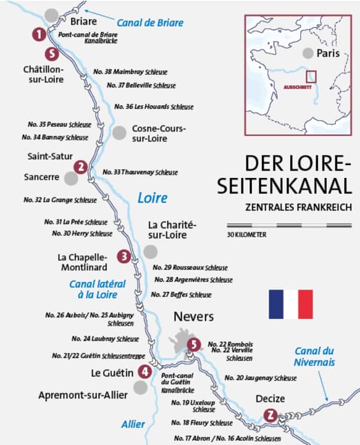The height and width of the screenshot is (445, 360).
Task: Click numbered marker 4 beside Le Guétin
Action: (x=144, y=371)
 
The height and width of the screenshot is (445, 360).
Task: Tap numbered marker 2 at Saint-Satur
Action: (x=80, y=167)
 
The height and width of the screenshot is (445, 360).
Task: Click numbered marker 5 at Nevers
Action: (x=195, y=344)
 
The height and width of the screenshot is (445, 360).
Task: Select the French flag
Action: (x=290, y=304)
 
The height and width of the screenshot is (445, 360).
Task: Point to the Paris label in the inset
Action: (x=329, y=54)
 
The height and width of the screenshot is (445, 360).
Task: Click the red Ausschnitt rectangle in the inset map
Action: (x=311, y=76)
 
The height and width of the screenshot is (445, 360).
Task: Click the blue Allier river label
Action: (x=133, y=424)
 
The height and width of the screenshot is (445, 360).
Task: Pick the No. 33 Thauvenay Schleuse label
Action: (x=140, y=172)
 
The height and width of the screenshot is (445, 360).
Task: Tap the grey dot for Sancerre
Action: (x=71, y=178)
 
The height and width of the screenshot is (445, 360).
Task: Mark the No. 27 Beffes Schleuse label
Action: (x=181, y=295)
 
